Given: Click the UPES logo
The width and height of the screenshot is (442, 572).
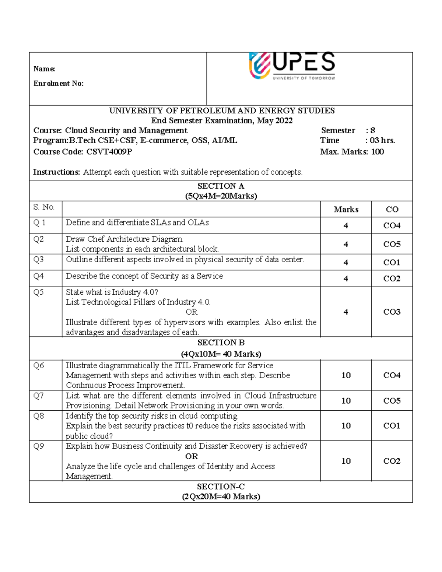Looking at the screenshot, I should click(292, 66).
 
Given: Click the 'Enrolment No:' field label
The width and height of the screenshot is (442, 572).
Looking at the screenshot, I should click(59, 84).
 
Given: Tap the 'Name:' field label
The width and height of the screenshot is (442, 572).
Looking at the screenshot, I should click(44, 69).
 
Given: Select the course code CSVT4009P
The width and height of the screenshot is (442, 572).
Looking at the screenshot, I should click(109, 152).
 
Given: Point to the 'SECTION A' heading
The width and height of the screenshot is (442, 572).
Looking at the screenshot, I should click(221, 186).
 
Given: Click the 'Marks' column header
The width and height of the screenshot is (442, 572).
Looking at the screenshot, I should click(346, 210).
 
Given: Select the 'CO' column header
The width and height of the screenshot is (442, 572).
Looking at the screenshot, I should click(392, 210).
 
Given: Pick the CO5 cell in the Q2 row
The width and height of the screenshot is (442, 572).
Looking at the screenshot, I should click(392, 244).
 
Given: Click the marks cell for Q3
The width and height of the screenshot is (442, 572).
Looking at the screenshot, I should click(345, 263).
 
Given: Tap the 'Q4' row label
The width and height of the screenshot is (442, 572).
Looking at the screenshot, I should click(39, 276).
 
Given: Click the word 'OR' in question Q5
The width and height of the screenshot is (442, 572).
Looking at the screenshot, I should click(192, 312).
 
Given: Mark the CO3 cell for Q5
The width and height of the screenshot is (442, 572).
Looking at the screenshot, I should click(392, 312).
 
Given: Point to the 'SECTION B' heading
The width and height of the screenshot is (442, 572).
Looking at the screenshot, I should click(221, 343).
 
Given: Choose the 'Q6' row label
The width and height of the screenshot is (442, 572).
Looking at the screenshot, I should click(39, 366).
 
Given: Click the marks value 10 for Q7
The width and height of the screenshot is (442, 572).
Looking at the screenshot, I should click(346, 401).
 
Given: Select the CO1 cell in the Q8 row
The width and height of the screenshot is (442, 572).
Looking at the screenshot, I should click(392, 426).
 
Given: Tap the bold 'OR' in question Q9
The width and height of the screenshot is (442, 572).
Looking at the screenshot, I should click(192, 456).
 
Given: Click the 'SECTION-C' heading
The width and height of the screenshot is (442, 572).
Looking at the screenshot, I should click(221, 487).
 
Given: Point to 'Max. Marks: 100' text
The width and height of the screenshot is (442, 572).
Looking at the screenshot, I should click(352, 152).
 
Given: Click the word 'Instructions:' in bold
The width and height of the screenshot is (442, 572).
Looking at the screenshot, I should click(57, 172).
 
